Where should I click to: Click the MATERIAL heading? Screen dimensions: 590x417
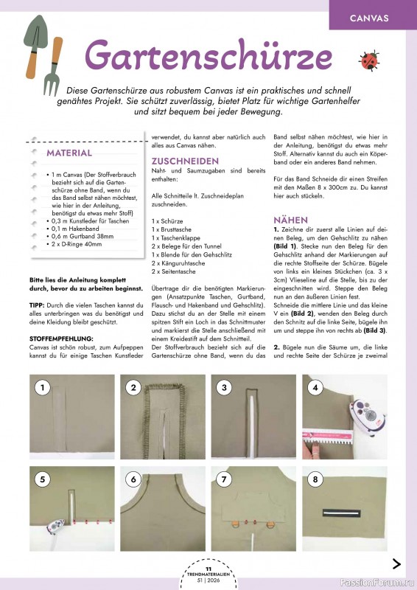click(69, 153)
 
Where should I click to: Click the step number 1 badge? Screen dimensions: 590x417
click(43, 386)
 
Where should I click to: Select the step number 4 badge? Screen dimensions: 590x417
click(315, 386)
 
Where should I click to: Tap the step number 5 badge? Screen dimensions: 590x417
click(43, 479)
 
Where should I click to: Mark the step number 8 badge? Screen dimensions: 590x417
click(315, 479)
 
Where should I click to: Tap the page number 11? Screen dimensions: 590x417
click(208, 569)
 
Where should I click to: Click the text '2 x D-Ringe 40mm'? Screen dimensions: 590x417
click(83, 243)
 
